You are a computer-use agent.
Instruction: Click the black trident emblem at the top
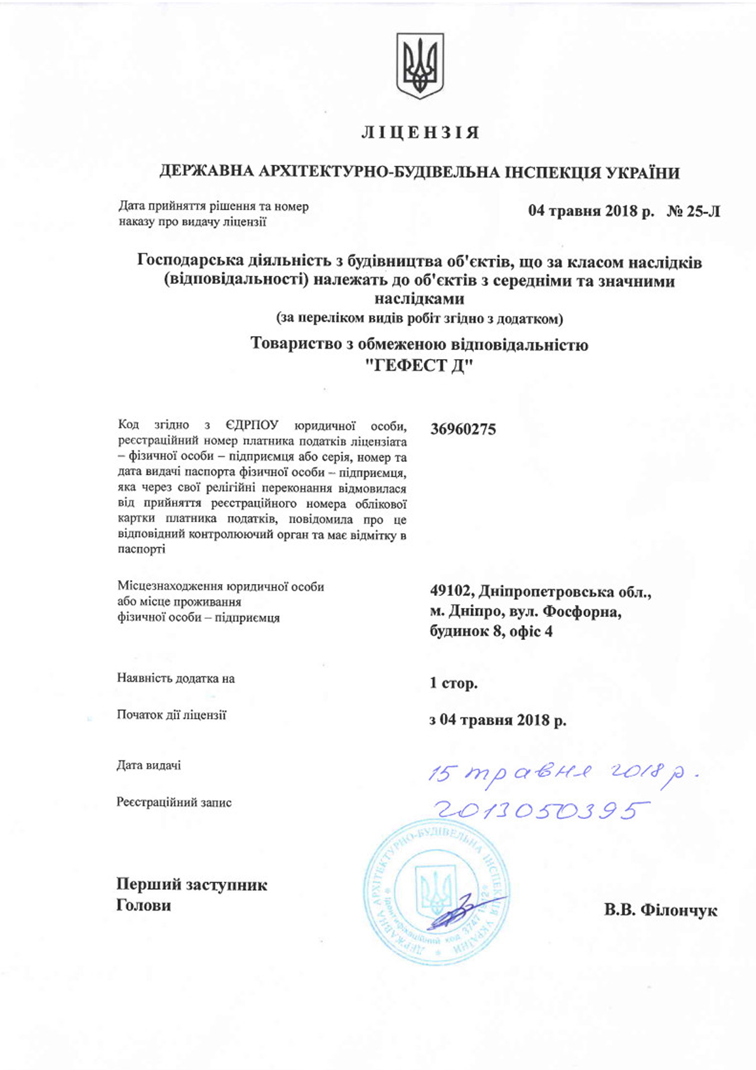coord(419,65)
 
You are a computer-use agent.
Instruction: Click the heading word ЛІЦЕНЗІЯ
coord(419,133)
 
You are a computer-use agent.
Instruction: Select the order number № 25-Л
coord(693,211)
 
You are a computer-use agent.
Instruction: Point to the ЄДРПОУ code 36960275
coord(462,430)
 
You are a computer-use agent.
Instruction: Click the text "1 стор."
coord(453,684)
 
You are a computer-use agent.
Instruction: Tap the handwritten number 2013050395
coord(541,810)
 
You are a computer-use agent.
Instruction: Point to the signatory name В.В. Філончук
coord(661,910)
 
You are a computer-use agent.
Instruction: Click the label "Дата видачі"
coord(149,766)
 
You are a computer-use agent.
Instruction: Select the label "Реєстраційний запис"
coord(174,802)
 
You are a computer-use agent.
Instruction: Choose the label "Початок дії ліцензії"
coord(172,715)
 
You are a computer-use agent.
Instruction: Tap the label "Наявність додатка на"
coord(176,679)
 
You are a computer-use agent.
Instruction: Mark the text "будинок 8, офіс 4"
coord(491,632)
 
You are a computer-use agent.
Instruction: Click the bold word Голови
coord(144,905)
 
